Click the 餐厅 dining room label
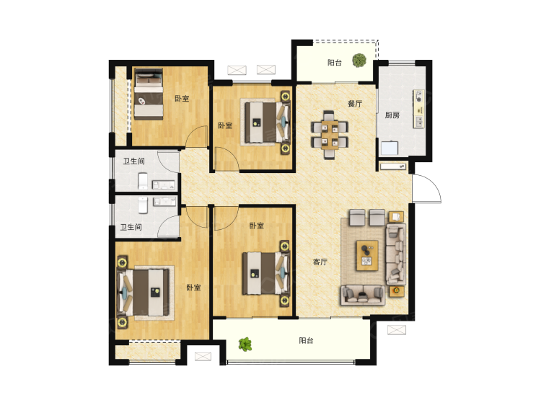point(355,103)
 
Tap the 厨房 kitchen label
point(392,115)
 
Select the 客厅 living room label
point(320,262)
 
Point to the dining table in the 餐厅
point(330,135)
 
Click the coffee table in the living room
point(367,255)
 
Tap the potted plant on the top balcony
point(359,61)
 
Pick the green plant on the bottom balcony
point(245,344)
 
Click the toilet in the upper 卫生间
point(143,181)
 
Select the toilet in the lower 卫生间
point(143,205)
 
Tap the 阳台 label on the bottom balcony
point(306,341)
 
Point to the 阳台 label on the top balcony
point(334,63)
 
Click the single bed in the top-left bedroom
point(149,94)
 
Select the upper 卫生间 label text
point(134,161)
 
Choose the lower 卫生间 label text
point(131,227)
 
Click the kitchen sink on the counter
point(420,121)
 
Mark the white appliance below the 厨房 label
point(390,148)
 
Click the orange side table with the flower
point(397,291)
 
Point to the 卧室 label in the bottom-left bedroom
point(193,287)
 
